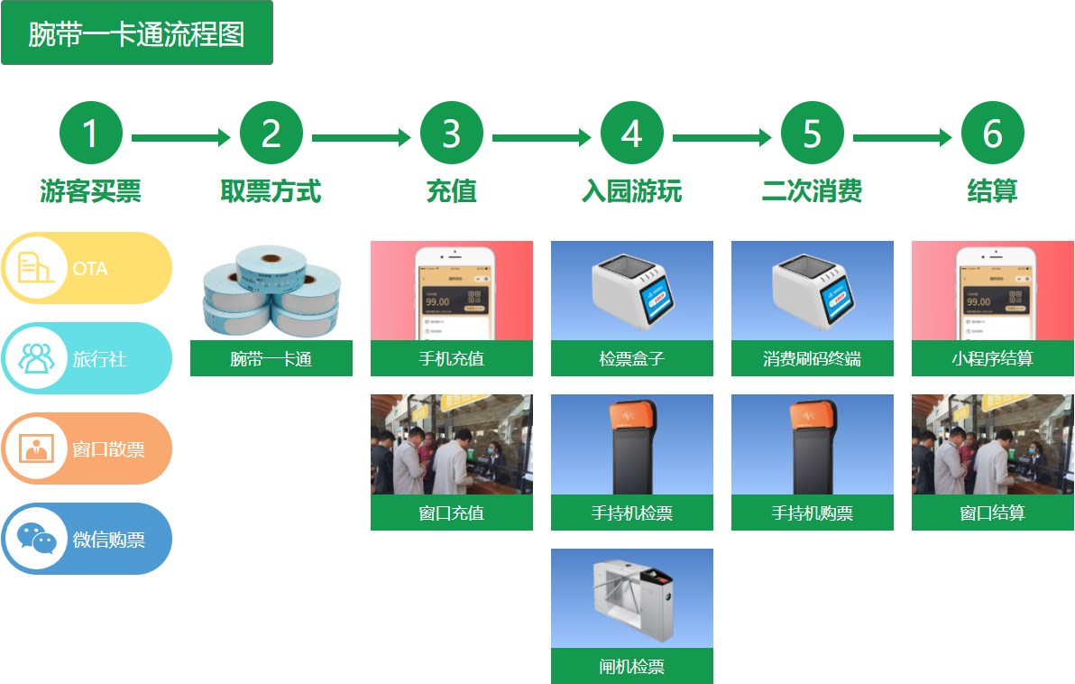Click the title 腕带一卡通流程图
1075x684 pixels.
(x=136, y=33)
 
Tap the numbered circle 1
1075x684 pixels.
(x=90, y=134)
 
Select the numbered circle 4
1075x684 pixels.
(x=631, y=134)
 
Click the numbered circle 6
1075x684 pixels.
(x=992, y=134)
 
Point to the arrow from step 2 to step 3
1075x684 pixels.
(x=361, y=138)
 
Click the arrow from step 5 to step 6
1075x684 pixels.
(x=902, y=138)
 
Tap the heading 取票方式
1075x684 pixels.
(x=271, y=191)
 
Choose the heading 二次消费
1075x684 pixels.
(x=812, y=191)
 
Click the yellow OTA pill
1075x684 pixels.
(x=87, y=268)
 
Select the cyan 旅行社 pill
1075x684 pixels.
(x=87, y=358)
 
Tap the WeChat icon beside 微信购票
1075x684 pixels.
(x=36, y=539)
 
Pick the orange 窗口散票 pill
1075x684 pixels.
(x=87, y=448)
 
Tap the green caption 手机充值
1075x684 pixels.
(x=451, y=358)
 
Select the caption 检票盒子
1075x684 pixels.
(x=631, y=358)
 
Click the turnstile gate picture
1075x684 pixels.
(x=631, y=598)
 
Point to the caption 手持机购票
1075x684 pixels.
(x=812, y=513)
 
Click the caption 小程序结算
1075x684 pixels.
(x=992, y=358)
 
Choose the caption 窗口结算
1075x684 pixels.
(x=992, y=513)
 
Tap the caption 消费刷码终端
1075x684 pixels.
(x=812, y=358)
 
